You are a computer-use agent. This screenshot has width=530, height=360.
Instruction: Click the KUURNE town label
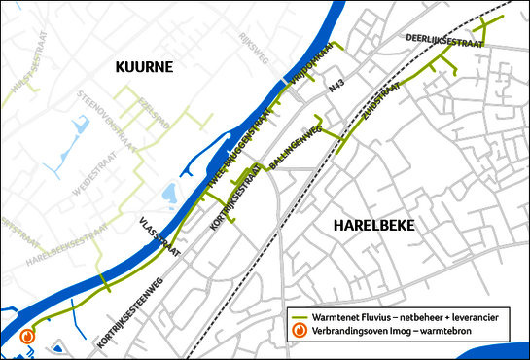click(144, 67)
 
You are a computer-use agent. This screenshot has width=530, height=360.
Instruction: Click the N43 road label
click(336, 89)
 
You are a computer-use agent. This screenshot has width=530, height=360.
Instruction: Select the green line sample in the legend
click(301, 317)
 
